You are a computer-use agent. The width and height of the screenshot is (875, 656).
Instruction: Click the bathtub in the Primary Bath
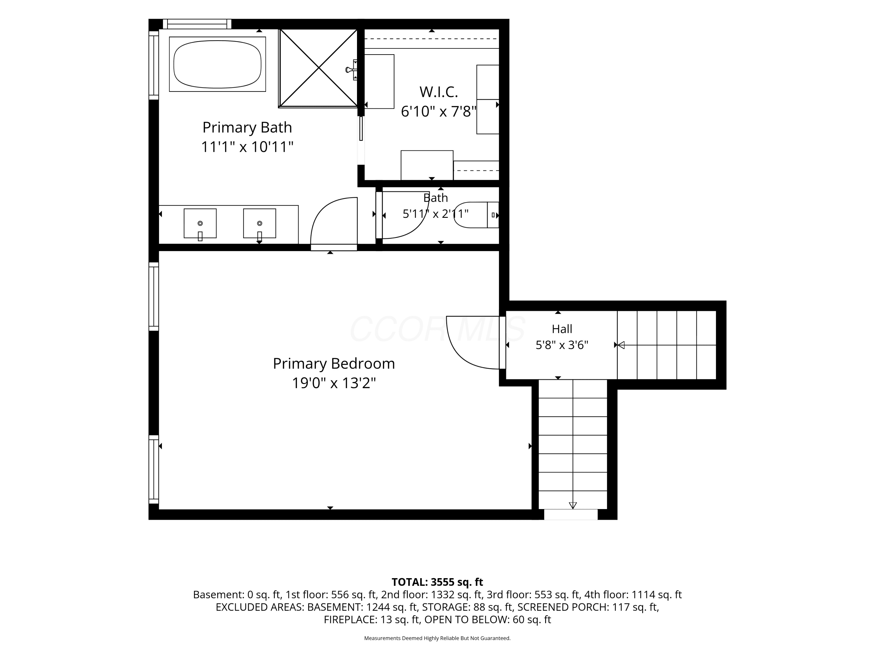click(x=217, y=64)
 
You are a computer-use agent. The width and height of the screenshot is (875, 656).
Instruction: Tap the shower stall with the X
click(x=318, y=68)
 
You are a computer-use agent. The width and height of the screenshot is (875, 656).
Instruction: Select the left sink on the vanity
click(x=200, y=224)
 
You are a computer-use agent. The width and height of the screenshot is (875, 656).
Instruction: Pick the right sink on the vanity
click(x=260, y=224)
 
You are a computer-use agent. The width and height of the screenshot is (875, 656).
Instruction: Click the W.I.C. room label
click(x=439, y=92)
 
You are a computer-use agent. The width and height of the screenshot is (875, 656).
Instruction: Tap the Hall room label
click(x=562, y=329)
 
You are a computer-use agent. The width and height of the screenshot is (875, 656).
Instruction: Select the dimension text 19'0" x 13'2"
click(x=334, y=383)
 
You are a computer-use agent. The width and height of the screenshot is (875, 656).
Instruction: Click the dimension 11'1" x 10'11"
click(x=247, y=147)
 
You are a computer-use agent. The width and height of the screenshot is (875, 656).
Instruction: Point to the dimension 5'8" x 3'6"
click(x=562, y=345)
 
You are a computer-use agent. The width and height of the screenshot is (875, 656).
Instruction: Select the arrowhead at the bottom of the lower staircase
click(x=573, y=505)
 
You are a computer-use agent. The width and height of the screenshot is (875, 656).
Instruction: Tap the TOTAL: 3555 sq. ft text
click(x=437, y=582)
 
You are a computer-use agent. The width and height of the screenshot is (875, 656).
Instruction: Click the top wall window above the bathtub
click(x=197, y=24)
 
